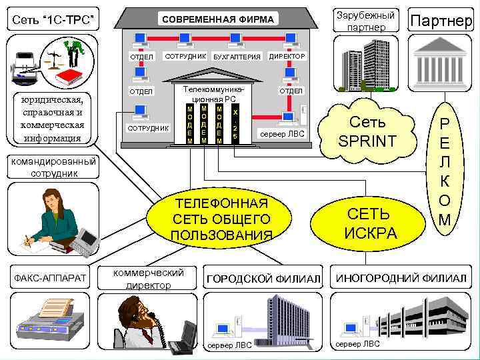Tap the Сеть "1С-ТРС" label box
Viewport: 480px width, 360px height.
pos(51,24)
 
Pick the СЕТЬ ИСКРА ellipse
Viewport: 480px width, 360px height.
pos(371,224)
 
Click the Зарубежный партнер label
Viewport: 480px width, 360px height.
pos(365,21)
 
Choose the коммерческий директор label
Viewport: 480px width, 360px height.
pos(148,279)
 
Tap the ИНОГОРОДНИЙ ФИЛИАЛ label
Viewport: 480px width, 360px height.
pos(401,277)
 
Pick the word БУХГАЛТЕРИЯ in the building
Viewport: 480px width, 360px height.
pos(237,57)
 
